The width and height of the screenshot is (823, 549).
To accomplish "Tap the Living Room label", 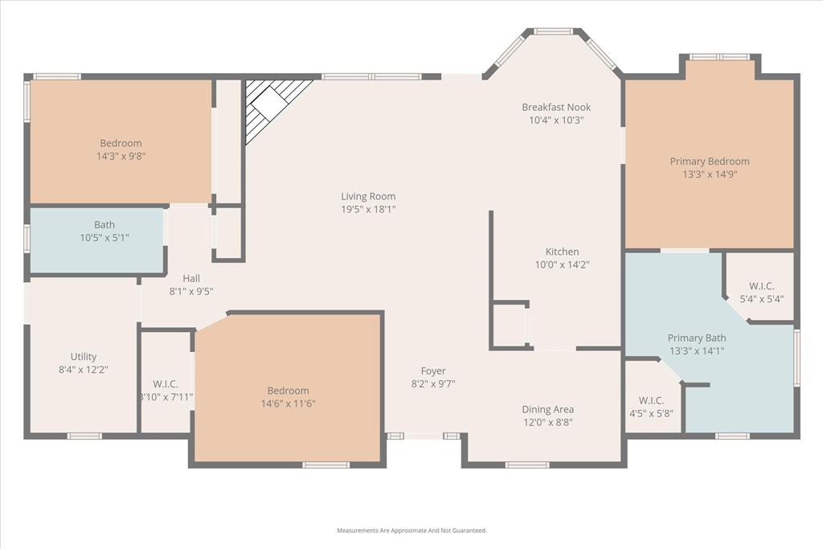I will click(368, 196).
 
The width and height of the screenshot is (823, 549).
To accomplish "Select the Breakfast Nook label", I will click(556, 107).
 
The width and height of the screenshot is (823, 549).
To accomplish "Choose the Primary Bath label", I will click(697, 338).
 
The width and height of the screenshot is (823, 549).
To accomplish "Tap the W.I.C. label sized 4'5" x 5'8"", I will click(650, 414).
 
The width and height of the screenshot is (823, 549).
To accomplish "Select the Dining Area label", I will click(547, 409).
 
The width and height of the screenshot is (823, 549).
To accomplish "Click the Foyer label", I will click(433, 371).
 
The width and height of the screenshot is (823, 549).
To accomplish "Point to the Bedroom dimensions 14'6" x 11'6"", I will click(288, 404).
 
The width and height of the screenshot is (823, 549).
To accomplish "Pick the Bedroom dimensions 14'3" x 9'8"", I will click(121, 157).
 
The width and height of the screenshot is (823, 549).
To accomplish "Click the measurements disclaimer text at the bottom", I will click(411, 531).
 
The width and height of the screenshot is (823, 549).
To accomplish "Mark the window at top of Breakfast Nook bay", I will click(553, 31).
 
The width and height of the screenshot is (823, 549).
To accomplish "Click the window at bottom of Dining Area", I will click(527, 464).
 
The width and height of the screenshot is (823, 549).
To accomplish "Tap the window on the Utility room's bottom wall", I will click(84, 436).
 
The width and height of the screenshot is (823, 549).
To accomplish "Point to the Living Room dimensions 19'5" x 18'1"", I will click(368, 209).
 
